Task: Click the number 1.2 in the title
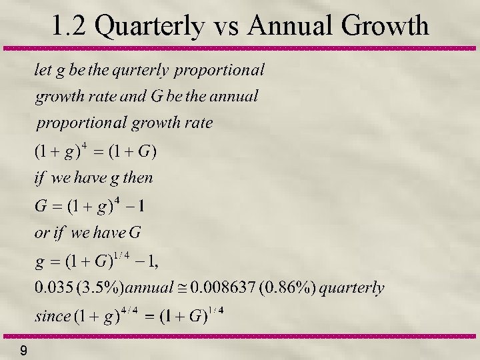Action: [69, 26]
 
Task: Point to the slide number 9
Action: [23, 350]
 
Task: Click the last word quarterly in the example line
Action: [352, 288]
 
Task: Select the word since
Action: [52, 316]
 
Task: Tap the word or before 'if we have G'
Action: [41, 233]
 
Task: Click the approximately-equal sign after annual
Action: [181, 288]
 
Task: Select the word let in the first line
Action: [43, 69]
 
